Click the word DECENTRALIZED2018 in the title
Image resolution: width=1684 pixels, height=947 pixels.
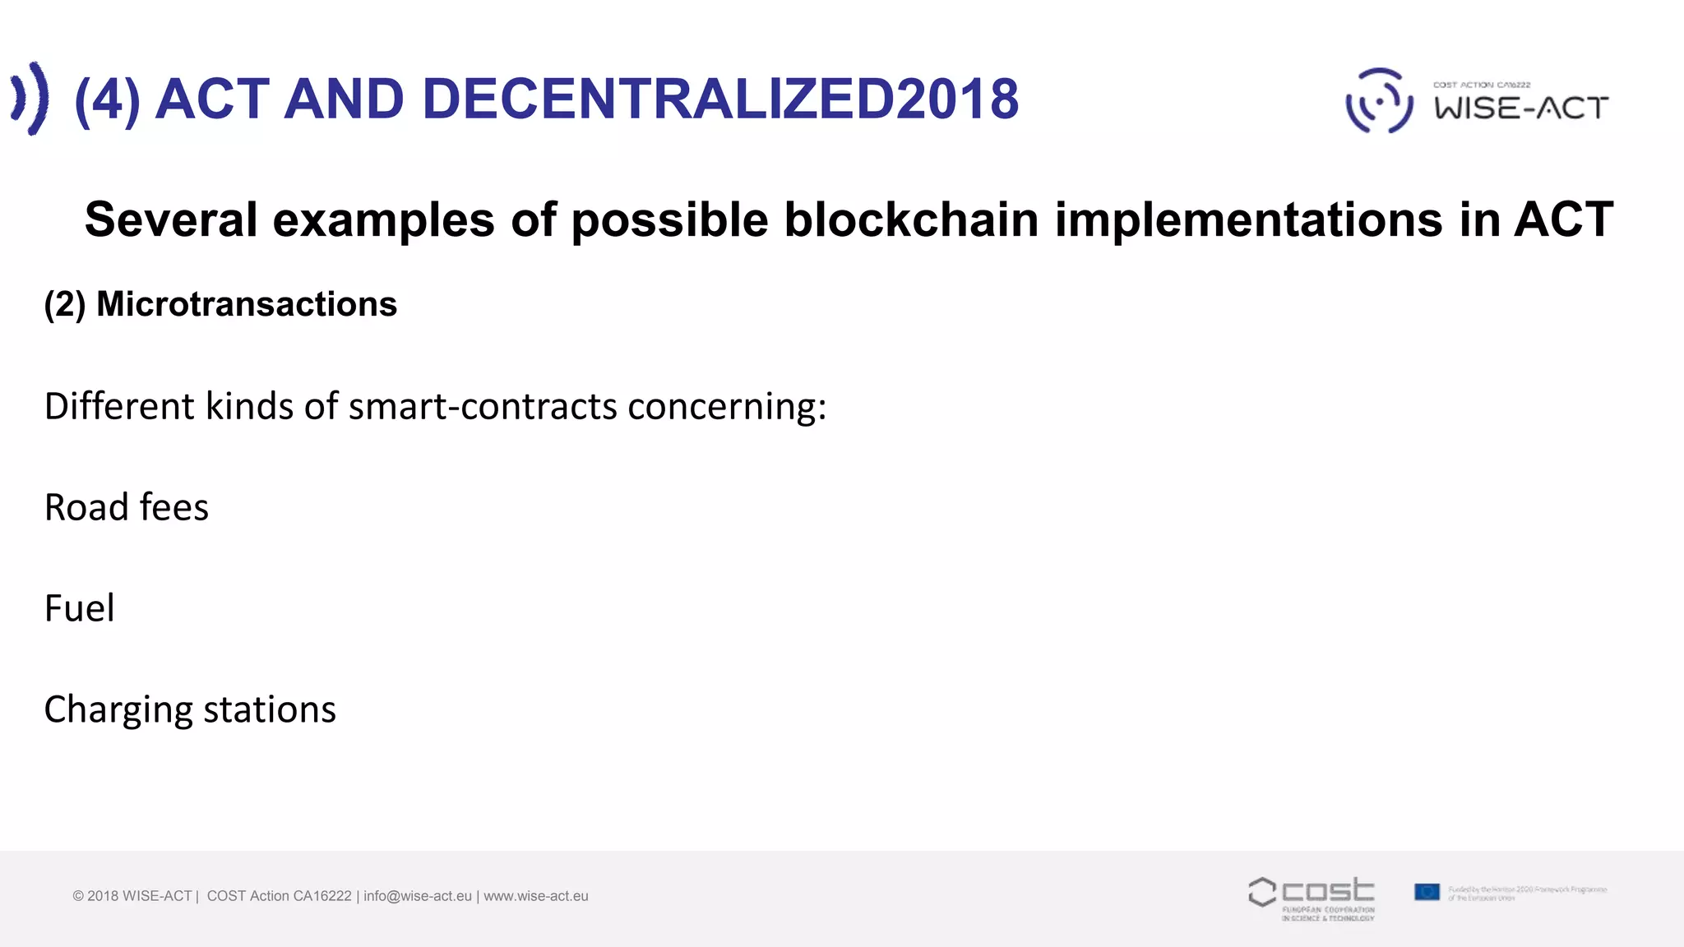pyautogui.click(x=720, y=99)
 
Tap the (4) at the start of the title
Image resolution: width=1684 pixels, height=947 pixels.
pyautogui.click(x=107, y=99)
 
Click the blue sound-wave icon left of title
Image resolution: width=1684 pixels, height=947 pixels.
pyautogui.click(x=30, y=98)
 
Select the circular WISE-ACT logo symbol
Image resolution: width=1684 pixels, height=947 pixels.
pyautogui.click(x=1379, y=100)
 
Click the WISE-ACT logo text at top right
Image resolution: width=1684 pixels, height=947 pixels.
pyautogui.click(x=1521, y=108)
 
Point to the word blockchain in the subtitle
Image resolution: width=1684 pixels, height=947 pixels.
pyautogui.click(x=911, y=219)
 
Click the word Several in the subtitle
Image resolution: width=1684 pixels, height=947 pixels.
pyautogui.click(x=171, y=219)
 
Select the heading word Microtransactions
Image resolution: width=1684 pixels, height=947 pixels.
pyautogui.click(x=247, y=304)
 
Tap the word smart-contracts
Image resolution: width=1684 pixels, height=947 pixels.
pyautogui.click(x=483, y=406)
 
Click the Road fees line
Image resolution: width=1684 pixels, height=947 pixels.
pyautogui.click(x=127, y=507)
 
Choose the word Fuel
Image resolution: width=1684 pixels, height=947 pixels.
pyautogui.click(x=79, y=608)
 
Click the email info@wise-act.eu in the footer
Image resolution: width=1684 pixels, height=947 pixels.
pyautogui.click(x=418, y=896)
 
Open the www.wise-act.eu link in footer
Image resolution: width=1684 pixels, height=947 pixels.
pyautogui.click(x=536, y=896)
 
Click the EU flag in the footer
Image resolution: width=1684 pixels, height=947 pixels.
pyautogui.click(x=1427, y=892)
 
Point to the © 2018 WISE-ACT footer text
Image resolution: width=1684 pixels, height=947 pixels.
pyautogui.click(x=132, y=896)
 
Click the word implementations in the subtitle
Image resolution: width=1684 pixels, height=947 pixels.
pyautogui.click(x=1249, y=219)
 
